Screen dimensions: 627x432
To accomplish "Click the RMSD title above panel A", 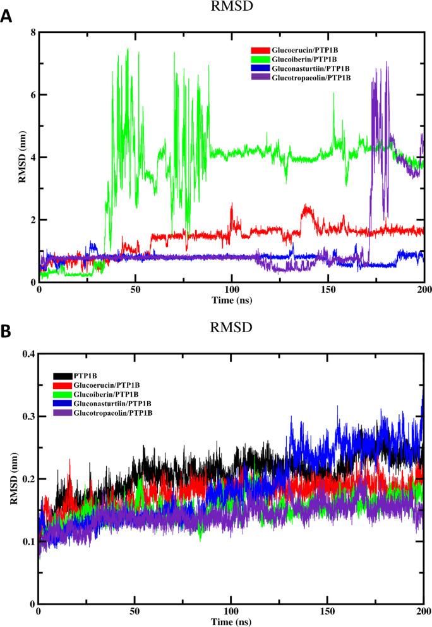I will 232,7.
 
